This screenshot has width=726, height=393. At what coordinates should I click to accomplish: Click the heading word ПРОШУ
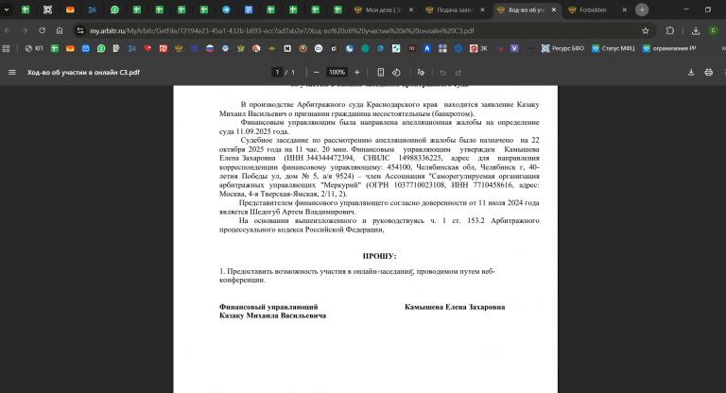379,256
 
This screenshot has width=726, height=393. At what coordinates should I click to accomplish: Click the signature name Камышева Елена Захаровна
455,307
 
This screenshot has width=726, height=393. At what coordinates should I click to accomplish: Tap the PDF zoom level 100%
337,72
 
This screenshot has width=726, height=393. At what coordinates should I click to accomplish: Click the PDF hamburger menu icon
12,72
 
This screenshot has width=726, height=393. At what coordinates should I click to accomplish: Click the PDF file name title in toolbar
83,72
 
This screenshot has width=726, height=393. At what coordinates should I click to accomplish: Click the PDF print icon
708,72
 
